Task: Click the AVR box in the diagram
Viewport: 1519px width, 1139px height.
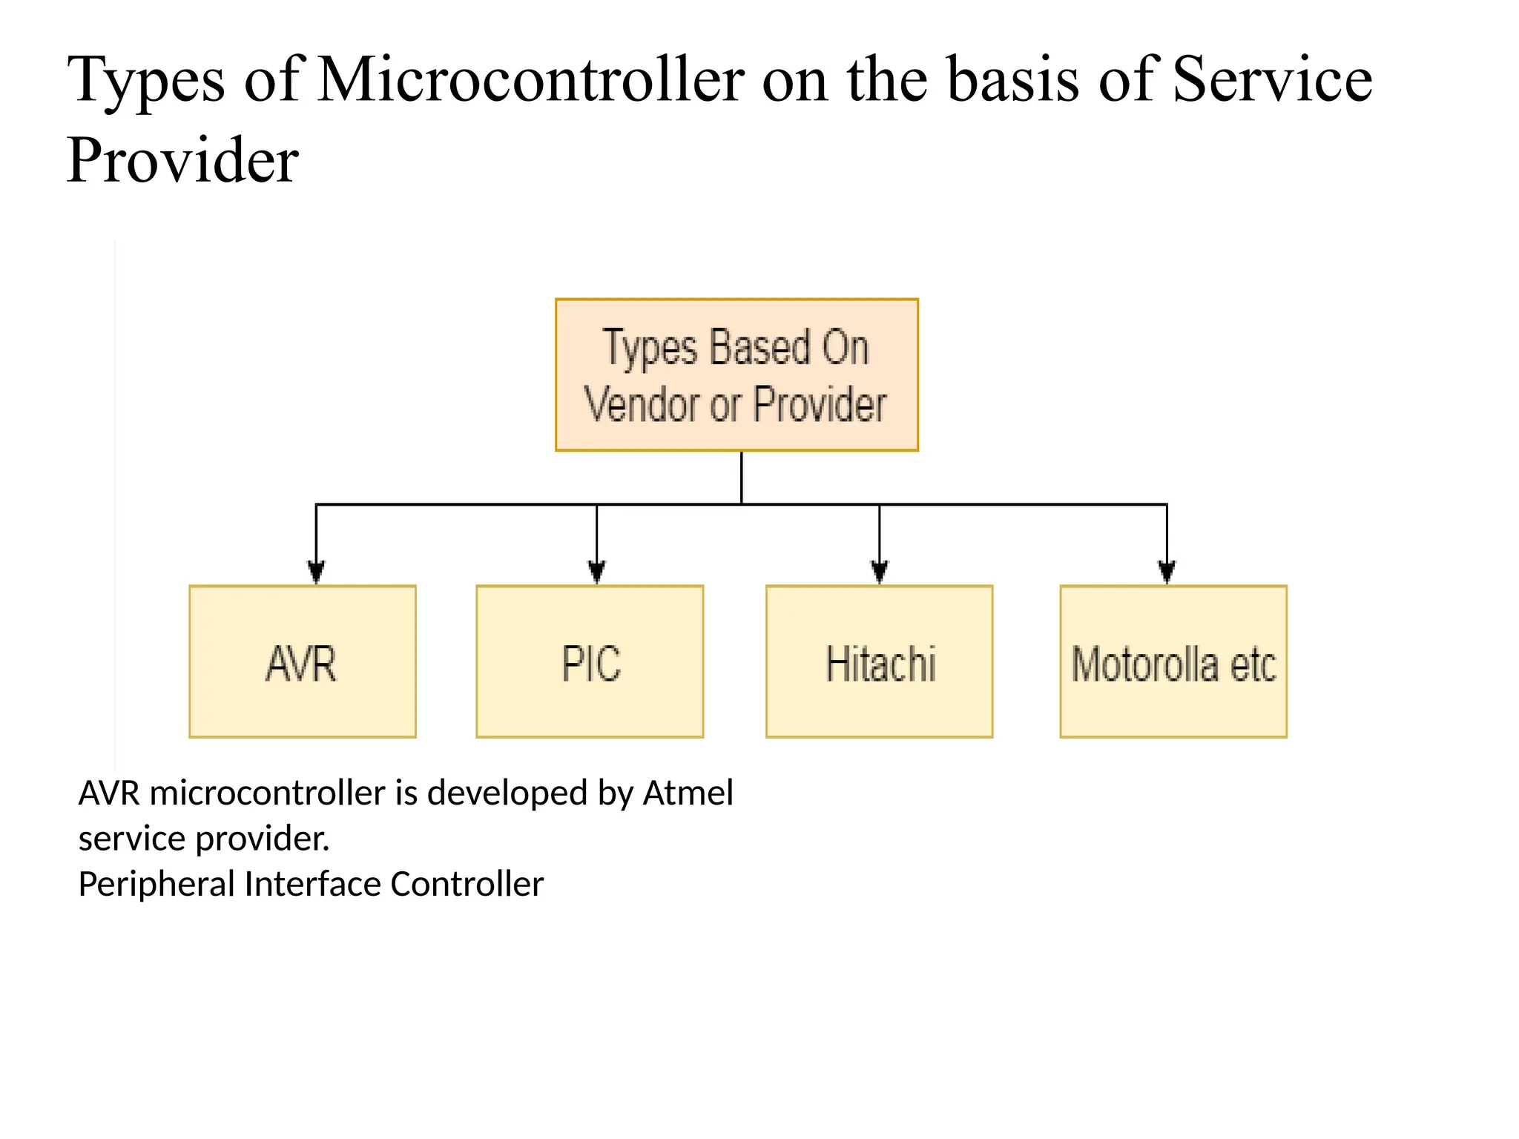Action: click(303, 661)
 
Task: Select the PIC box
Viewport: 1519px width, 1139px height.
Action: click(590, 661)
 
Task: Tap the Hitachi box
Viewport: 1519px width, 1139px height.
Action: click(880, 661)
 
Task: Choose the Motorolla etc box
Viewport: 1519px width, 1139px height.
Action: click(1173, 661)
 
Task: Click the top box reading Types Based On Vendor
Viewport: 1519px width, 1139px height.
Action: click(737, 375)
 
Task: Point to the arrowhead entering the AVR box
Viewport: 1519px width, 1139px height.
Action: click(317, 572)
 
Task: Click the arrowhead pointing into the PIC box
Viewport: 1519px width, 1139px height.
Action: click(597, 572)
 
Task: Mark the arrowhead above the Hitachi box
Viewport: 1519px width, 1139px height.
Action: click(880, 572)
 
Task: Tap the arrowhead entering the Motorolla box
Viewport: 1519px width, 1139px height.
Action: click(1167, 572)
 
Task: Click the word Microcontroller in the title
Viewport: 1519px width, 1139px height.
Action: click(531, 79)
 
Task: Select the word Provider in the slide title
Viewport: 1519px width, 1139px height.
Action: click(182, 160)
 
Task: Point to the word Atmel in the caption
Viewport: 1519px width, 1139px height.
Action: click(688, 793)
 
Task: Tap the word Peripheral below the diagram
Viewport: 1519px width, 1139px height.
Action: click(156, 885)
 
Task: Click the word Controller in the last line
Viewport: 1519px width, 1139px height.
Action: click(467, 884)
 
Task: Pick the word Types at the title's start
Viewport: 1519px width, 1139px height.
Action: click(146, 81)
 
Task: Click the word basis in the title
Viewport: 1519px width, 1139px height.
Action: click(1014, 79)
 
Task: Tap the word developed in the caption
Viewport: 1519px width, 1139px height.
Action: click(507, 793)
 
